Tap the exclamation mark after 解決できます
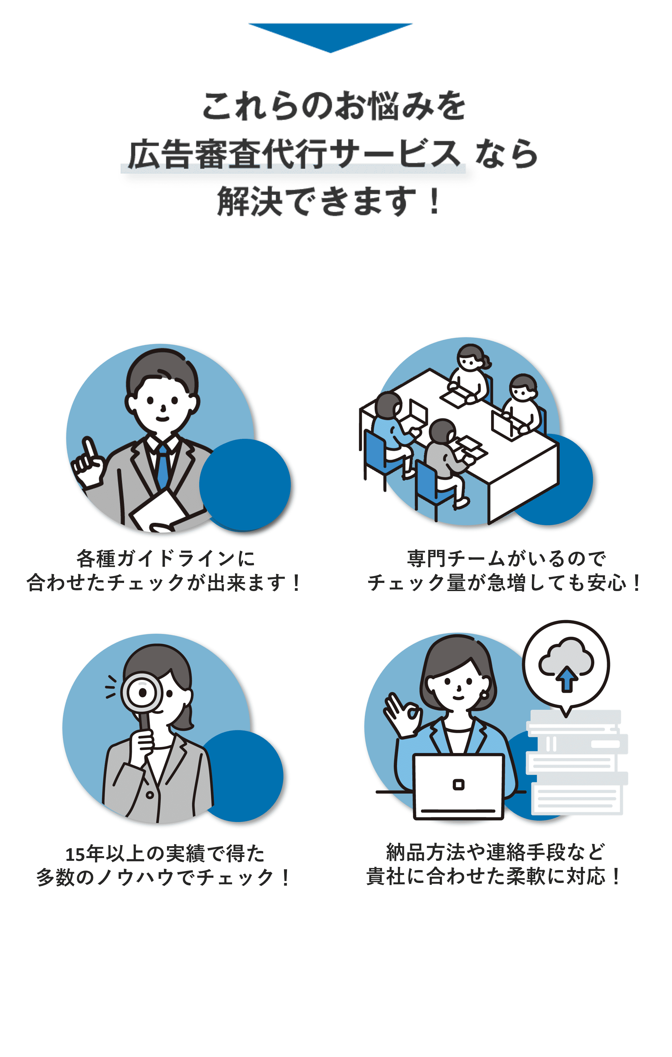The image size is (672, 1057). point(435,201)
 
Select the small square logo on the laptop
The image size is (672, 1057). point(458,784)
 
